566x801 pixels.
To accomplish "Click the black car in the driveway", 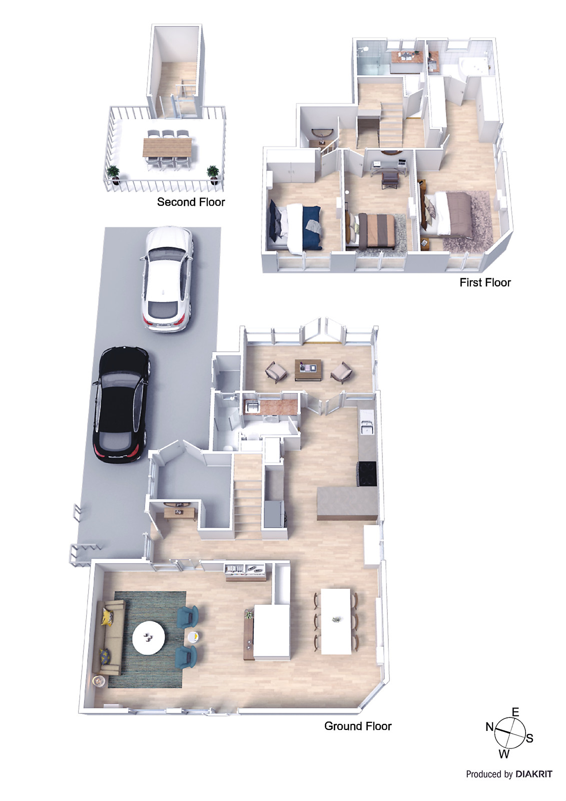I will [122, 405].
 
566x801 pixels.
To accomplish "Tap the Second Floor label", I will [191, 202].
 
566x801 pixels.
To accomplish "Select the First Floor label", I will [485, 282].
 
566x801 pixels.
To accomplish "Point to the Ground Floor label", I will [358, 726].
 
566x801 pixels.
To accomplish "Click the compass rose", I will [510, 732].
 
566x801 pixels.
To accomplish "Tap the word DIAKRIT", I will [534, 774].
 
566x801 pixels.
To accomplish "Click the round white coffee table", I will [149, 637].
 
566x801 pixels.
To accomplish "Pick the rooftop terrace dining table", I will [167, 146].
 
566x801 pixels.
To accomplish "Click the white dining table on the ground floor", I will [336, 621].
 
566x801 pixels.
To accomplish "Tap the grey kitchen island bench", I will [347, 503].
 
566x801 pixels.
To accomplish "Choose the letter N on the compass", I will [490, 727].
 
